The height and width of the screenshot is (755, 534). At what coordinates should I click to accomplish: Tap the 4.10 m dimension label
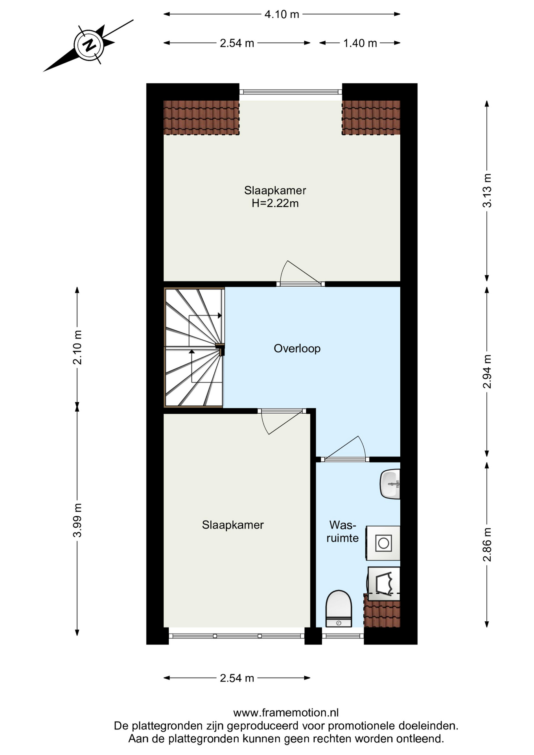point(282,15)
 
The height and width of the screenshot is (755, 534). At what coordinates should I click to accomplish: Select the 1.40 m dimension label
point(360,43)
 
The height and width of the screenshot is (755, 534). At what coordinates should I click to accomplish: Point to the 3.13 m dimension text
point(487,190)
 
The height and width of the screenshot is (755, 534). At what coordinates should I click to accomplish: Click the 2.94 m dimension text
point(487,371)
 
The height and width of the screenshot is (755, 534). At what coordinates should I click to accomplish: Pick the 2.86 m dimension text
point(487,545)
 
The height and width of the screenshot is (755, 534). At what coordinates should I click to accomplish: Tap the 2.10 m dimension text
point(77,347)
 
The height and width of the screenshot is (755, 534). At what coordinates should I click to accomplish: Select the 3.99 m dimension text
point(77,520)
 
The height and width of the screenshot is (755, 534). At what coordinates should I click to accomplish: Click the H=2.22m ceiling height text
point(275,203)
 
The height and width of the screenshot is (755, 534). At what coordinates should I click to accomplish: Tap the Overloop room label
point(297,348)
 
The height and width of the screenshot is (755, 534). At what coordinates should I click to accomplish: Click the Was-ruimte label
point(342,531)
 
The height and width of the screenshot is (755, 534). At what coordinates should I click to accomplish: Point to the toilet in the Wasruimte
point(339,608)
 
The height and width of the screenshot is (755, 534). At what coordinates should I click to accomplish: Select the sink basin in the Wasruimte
point(390,484)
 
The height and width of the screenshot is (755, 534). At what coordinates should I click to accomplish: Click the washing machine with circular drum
point(383,543)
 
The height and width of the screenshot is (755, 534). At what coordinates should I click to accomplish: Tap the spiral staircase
point(194,348)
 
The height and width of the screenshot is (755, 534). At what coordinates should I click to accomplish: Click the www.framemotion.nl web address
point(286,713)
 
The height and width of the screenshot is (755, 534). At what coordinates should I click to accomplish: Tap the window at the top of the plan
point(291,92)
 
